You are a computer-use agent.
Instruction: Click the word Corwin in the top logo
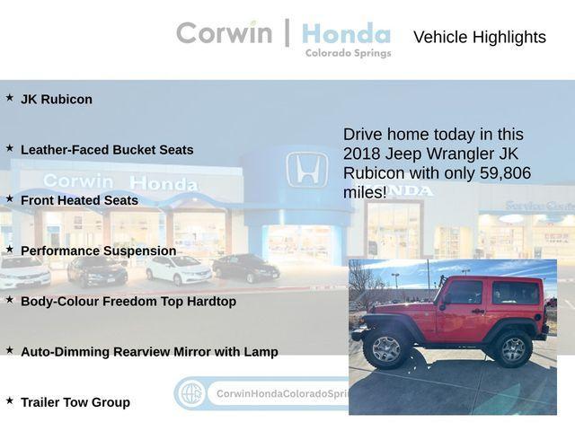click(224, 33)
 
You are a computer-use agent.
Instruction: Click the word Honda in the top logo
click(346, 34)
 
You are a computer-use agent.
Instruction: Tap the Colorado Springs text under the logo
click(348, 53)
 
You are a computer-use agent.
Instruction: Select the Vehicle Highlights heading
click(479, 37)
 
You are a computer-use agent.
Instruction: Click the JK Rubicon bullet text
click(56, 100)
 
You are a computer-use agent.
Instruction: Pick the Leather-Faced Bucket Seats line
click(107, 150)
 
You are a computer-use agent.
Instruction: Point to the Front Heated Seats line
click(79, 200)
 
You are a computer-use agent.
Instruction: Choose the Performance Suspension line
click(98, 251)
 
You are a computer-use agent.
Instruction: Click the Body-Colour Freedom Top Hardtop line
click(128, 302)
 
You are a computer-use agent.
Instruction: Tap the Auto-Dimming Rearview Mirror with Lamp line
click(149, 352)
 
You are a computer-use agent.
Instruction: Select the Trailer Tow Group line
click(75, 402)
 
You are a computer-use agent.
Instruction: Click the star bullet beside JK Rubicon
click(10, 98)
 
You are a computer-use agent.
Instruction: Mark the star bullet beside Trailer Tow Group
click(10, 400)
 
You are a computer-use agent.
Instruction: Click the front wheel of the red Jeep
click(386, 348)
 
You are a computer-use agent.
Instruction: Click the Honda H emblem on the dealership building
click(306, 170)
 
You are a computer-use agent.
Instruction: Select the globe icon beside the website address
click(190, 393)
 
